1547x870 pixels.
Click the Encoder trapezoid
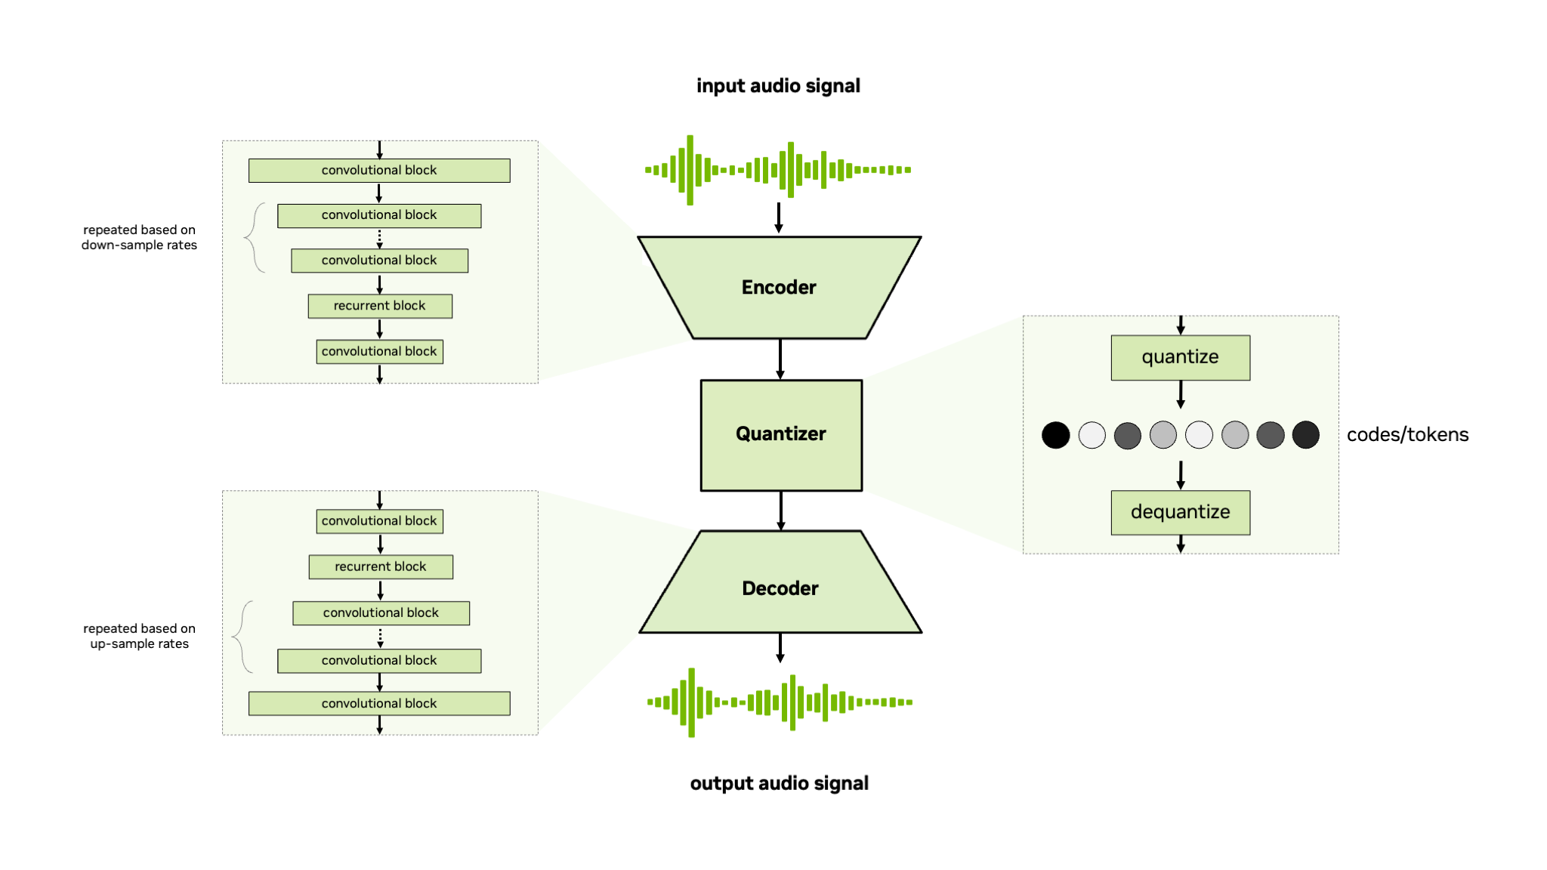pos(779,288)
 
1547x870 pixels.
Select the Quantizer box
pos(781,434)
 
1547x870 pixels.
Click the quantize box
pos(1180,357)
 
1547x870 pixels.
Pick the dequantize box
pos(1180,512)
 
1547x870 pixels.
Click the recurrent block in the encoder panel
pos(380,306)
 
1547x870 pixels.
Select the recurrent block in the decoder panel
pos(381,566)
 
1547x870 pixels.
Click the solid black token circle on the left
pos(1055,435)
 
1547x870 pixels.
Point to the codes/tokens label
pos(1407,435)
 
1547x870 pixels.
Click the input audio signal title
pos(778,86)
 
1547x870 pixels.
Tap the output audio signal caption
pos(779,783)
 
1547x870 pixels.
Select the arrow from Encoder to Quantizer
pos(780,359)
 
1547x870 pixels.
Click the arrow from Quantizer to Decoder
pos(781,511)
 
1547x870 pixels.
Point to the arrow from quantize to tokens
pos(1181,394)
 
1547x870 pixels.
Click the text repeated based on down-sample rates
pos(139,237)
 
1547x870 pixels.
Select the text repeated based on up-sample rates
pos(139,636)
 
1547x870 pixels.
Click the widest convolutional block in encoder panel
pos(379,171)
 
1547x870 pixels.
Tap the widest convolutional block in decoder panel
pos(379,703)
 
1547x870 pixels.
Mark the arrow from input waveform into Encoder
pos(779,217)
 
